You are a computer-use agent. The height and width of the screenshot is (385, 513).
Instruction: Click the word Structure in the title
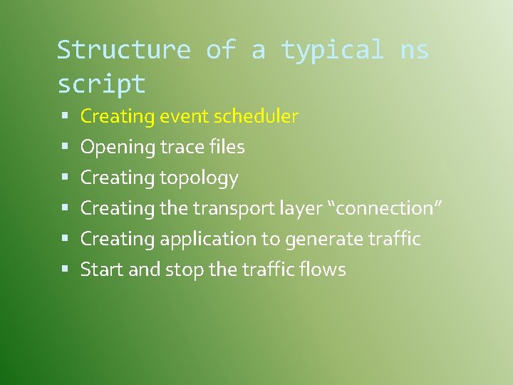click(x=123, y=50)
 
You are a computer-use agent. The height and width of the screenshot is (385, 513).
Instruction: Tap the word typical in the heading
click(x=332, y=50)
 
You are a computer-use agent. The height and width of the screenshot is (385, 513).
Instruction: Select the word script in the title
click(x=101, y=84)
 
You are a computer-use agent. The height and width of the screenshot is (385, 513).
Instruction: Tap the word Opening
click(x=118, y=148)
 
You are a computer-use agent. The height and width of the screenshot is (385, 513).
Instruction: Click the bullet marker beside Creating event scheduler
click(x=64, y=116)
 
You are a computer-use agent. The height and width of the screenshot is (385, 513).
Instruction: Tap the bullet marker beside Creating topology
click(x=64, y=178)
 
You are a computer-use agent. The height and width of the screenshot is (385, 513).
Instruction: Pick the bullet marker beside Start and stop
click(x=64, y=269)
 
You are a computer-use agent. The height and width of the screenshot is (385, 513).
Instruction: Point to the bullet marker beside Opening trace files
click(x=64, y=147)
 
